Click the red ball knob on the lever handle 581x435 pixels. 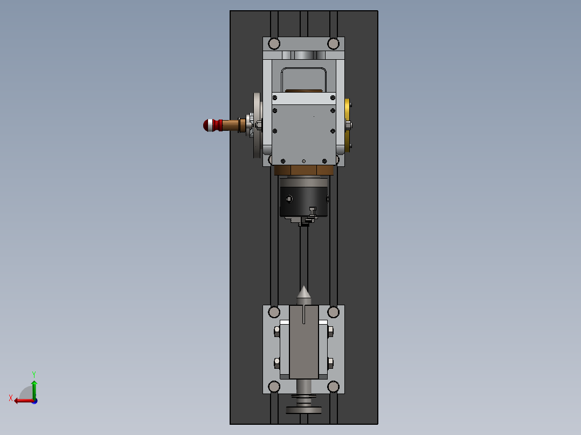coord(208,125)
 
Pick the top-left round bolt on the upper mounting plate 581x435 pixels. coord(274,43)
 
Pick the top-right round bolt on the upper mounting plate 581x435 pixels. coord(334,43)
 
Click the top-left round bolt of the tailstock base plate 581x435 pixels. coord(274,312)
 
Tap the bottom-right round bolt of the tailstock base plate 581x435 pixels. coord(334,386)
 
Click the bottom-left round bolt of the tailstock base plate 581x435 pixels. coord(274,386)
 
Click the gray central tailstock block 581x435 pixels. coord(304,345)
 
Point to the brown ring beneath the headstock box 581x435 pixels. coord(304,171)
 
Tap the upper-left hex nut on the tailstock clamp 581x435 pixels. coord(277,331)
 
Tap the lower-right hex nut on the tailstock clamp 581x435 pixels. coord(330,362)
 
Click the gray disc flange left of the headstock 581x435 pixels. coord(257,125)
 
